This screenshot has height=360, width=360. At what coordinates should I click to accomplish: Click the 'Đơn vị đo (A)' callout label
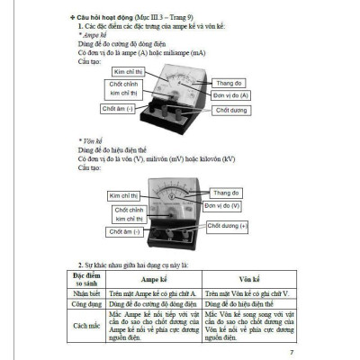(232, 94)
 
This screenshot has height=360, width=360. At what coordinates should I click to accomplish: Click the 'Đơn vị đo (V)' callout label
(231, 205)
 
